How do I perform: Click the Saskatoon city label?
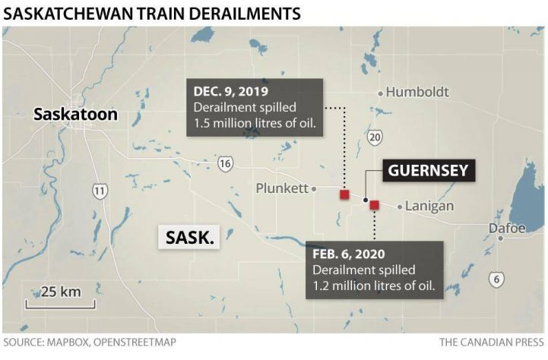point(75,115)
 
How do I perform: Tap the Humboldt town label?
point(417,93)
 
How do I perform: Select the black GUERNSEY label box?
point(428,170)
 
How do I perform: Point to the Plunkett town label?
point(281,188)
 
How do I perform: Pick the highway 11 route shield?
point(100,191)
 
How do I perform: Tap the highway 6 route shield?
point(496,279)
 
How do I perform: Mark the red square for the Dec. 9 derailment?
point(344,195)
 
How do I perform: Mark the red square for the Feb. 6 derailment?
point(374,204)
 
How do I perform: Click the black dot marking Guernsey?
point(366,201)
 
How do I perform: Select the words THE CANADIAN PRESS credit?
point(491,343)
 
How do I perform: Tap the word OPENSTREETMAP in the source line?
point(134,343)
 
